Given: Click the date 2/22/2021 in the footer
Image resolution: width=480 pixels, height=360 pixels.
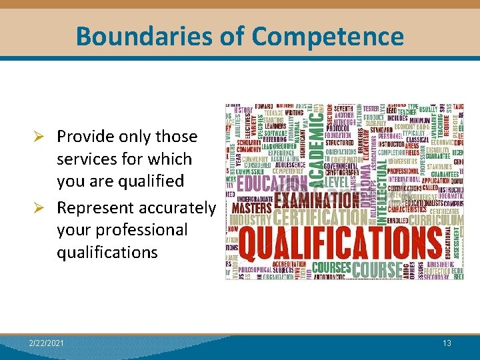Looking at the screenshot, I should point(47,343).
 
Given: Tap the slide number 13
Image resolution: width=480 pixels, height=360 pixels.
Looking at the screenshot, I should point(447,343).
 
